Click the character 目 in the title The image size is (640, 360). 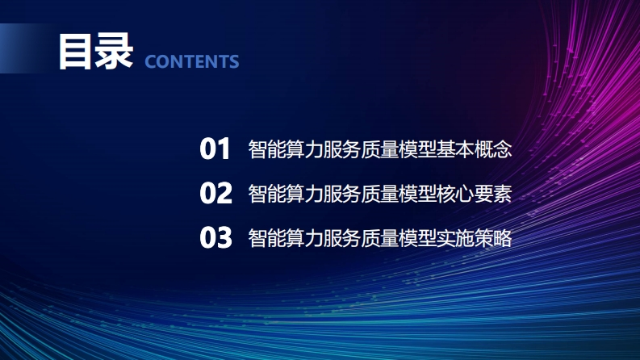(x=75, y=52)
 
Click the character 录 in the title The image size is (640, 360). (x=114, y=52)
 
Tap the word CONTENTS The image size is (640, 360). (x=192, y=62)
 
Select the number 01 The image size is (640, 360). (x=215, y=149)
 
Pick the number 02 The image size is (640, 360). (x=216, y=193)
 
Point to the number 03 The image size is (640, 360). (x=216, y=237)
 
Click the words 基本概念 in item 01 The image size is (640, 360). (x=474, y=149)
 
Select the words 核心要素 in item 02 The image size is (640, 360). (x=474, y=194)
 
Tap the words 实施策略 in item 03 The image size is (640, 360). (x=474, y=238)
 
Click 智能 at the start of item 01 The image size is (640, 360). (x=267, y=149)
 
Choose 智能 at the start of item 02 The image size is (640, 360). (x=267, y=194)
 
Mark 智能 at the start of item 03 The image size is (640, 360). (x=267, y=238)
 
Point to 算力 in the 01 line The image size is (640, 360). (x=304, y=149)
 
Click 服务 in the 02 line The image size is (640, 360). (x=342, y=194)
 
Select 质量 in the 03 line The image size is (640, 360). (x=379, y=238)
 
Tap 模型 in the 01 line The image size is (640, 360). (x=417, y=149)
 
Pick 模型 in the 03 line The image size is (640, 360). (x=417, y=238)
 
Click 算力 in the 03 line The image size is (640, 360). (x=304, y=238)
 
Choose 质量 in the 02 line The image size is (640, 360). (x=379, y=194)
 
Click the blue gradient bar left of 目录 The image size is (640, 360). (x=24, y=48)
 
